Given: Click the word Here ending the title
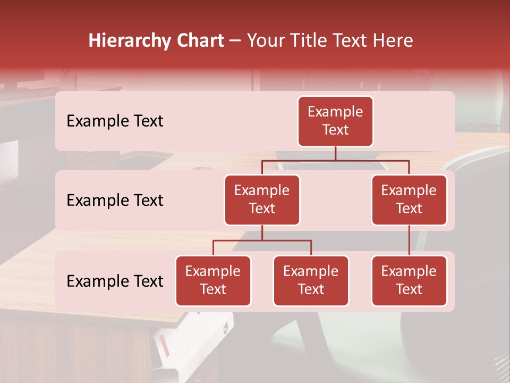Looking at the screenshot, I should [x=394, y=41].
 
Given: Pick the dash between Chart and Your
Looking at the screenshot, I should [x=235, y=41].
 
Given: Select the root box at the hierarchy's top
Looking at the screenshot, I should [x=335, y=121].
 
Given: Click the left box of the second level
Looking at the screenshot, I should [x=262, y=199].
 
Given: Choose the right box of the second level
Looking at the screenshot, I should [x=409, y=199].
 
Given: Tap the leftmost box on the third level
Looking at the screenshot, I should [x=213, y=280].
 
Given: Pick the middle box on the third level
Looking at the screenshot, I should [x=311, y=280].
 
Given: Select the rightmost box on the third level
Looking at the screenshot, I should [x=409, y=280].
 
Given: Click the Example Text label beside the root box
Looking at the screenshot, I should [x=115, y=121].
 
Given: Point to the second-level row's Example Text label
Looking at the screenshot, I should [x=115, y=201].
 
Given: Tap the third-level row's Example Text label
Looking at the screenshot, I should [x=115, y=281].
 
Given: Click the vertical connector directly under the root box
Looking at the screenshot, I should [x=335, y=153].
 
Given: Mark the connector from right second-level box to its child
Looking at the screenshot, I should [x=409, y=240].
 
